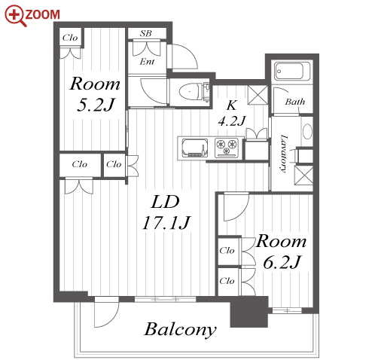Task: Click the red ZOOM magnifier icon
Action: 15,16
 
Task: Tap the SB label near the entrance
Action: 146,33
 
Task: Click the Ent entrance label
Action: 147,62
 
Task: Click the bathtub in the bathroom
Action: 292,72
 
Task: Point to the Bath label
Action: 295,102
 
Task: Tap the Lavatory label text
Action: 283,154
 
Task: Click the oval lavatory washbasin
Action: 307,131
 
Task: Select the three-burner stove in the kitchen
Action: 227,148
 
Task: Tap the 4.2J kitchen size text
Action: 231,121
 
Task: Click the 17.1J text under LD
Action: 166,223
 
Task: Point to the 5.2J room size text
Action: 96,105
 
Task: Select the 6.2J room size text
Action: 282,262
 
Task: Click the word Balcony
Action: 180,329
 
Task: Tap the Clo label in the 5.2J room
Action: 70,38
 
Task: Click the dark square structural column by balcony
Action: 248,312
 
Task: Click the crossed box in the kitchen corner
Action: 258,95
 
